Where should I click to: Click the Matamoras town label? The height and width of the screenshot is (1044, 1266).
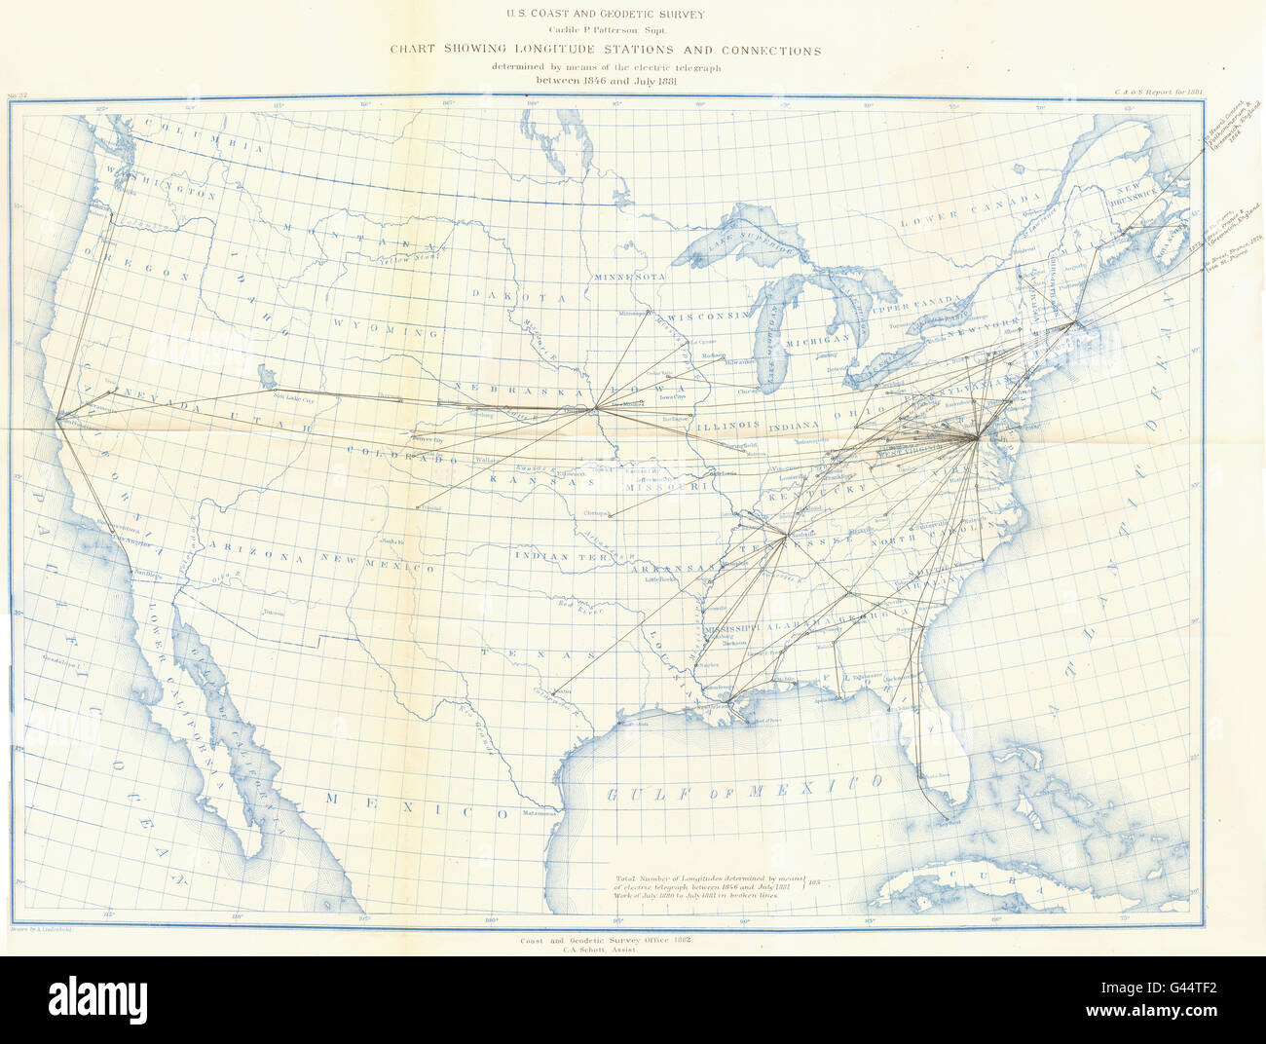540,813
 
